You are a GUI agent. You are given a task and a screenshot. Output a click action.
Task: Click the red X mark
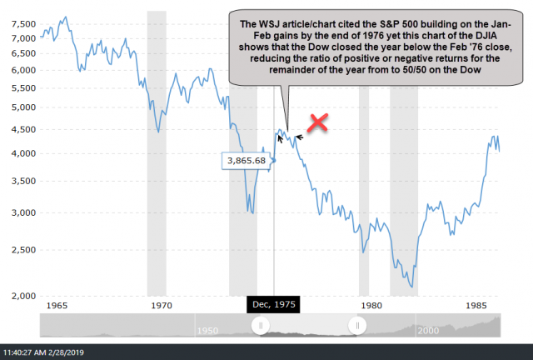click(317, 123)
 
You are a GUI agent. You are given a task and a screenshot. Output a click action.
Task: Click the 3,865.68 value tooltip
click(246, 160)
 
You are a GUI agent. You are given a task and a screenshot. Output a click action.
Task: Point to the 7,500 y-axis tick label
click(26, 24)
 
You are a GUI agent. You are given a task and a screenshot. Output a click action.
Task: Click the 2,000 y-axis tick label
click(26, 295)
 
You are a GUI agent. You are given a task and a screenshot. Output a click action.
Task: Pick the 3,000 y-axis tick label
click(26, 212)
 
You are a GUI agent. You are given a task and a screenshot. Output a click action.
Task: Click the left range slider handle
click(261, 326)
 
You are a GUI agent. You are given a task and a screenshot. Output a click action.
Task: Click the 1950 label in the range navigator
click(208, 331)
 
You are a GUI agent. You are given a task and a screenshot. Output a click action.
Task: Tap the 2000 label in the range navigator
click(428, 331)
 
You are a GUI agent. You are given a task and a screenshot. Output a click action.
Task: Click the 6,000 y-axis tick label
click(26, 70)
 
